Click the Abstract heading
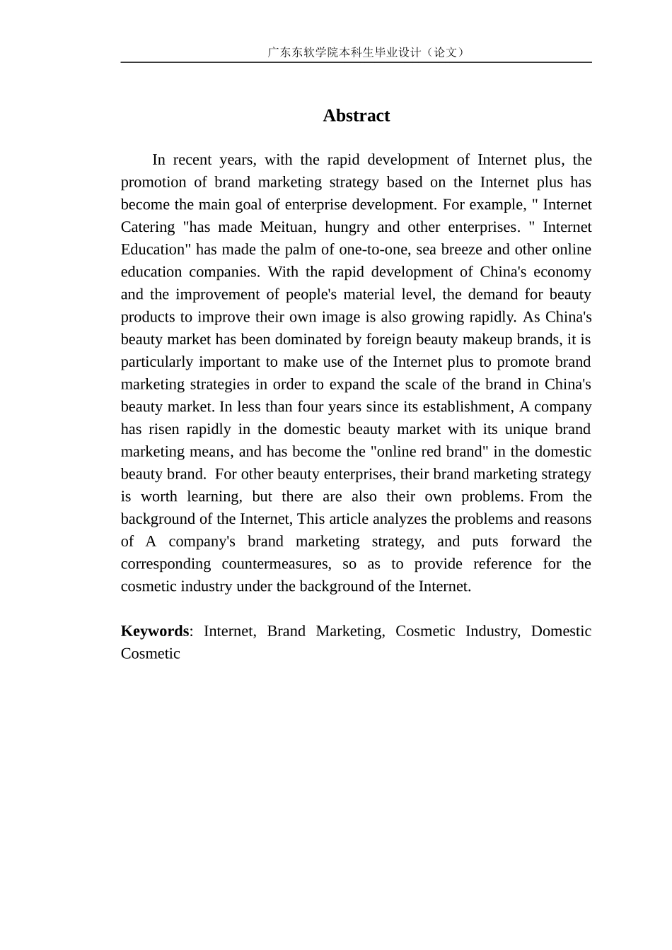[x=356, y=116]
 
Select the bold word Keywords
[x=155, y=631]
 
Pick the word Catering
[x=148, y=227]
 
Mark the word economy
[x=562, y=272]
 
